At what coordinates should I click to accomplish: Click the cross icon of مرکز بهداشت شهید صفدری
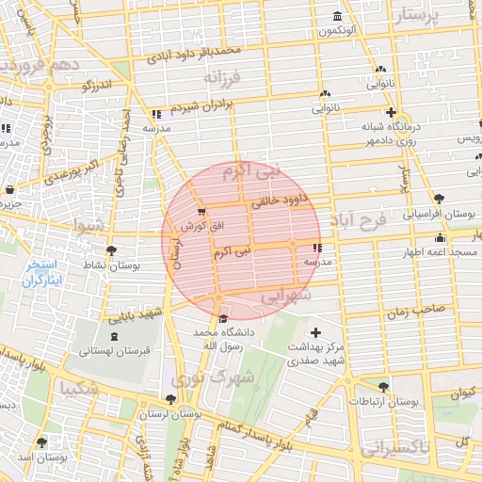(315, 332)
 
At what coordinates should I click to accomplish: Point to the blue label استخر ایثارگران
(41, 273)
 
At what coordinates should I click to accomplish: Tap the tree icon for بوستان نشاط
(112, 250)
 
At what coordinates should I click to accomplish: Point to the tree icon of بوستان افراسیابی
(440, 198)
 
